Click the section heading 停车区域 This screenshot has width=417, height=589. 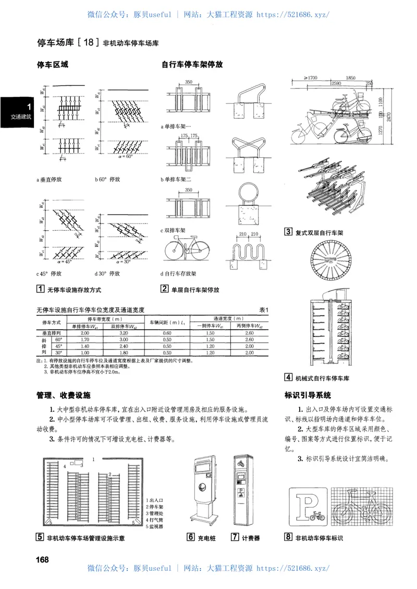[52, 65]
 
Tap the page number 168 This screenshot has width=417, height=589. [43, 559]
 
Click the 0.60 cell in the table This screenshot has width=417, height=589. [167, 332]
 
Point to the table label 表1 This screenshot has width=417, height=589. [263, 310]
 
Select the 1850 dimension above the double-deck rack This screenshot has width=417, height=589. [350, 78]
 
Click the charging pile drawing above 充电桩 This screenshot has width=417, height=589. [205, 489]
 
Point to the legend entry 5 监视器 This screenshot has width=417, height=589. [155, 527]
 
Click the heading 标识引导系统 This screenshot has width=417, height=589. [308, 395]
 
